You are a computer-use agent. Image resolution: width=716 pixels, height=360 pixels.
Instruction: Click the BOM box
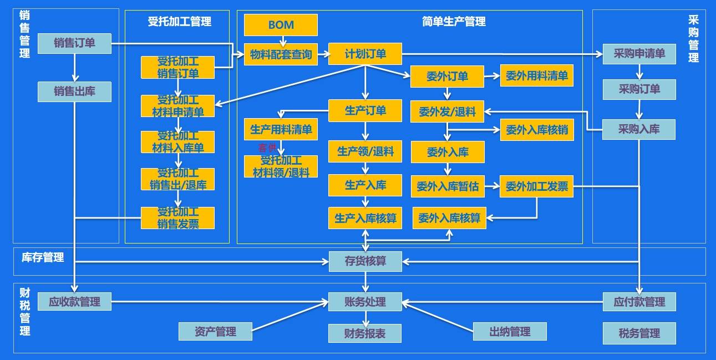click(x=281, y=25)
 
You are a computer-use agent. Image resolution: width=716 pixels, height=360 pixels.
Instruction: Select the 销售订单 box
click(x=74, y=43)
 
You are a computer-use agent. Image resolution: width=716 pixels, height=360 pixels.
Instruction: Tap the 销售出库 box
click(x=74, y=92)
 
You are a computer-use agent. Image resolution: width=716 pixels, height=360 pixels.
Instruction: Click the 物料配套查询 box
click(x=281, y=54)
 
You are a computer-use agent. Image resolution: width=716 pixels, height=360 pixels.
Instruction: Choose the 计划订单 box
click(x=365, y=54)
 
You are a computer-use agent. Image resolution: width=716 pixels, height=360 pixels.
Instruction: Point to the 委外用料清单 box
click(x=536, y=76)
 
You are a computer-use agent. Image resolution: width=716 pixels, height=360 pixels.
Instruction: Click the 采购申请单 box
click(x=639, y=54)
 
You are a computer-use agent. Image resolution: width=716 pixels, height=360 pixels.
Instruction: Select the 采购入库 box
click(x=639, y=129)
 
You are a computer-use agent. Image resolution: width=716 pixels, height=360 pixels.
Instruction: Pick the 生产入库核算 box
click(x=365, y=218)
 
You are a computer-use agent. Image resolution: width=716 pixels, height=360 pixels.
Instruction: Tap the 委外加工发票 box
click(x=536, y=187)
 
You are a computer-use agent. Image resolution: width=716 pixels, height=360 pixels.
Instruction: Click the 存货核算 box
click(x=365, y=261)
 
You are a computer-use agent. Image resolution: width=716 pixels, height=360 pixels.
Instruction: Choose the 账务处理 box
click(x=365, y=302)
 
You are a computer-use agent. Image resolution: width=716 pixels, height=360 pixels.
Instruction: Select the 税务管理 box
click(x=639, y=333)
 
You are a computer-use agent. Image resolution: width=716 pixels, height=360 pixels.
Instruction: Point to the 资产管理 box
click(x=215, y=332)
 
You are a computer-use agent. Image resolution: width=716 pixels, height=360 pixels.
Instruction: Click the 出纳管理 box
click(x=510, y=332)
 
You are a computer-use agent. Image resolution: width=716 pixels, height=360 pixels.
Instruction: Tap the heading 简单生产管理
click(x=453, y=22)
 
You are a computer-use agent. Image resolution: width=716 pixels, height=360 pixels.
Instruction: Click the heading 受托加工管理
click(x=179, y=22)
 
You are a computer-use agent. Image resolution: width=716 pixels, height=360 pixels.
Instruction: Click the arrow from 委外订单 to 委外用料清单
click(x=492, y=76)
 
